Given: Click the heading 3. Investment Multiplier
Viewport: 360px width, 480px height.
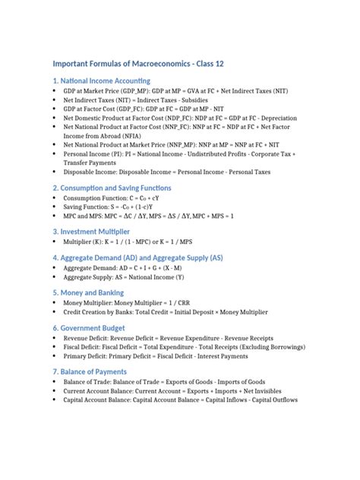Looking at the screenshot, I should tap(90, 231).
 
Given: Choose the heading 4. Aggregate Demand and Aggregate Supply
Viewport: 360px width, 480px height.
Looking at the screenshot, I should tap(148, 257).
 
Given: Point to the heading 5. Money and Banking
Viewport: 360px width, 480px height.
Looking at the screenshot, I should tap(88, 292).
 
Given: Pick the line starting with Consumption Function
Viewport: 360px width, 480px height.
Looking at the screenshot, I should tap(113, 197).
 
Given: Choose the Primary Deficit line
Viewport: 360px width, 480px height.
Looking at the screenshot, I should tap(167, 355).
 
